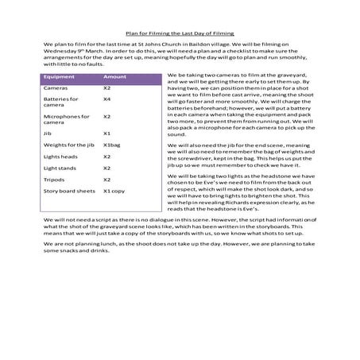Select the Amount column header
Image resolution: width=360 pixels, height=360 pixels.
click(x=114, y=77)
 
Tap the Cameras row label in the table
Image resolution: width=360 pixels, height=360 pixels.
click(x=55, y=87)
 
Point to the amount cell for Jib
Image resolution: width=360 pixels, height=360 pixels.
click(x=106, y=134)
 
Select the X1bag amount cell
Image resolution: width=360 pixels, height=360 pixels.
click(x=111, y=145)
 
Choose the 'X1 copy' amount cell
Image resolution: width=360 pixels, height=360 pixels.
click(x=114, y=192)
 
